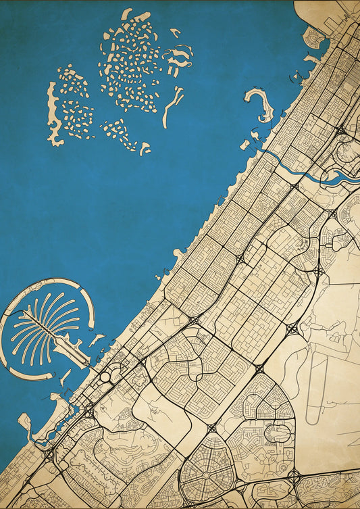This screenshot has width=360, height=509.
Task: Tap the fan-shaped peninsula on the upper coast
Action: click(314, 37)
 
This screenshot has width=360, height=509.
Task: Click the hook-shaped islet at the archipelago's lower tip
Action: click(145, 148)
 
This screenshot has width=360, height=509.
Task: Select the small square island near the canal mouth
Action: click(245, 145)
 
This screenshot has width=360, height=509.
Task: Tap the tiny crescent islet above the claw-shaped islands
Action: click(175, 32)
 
